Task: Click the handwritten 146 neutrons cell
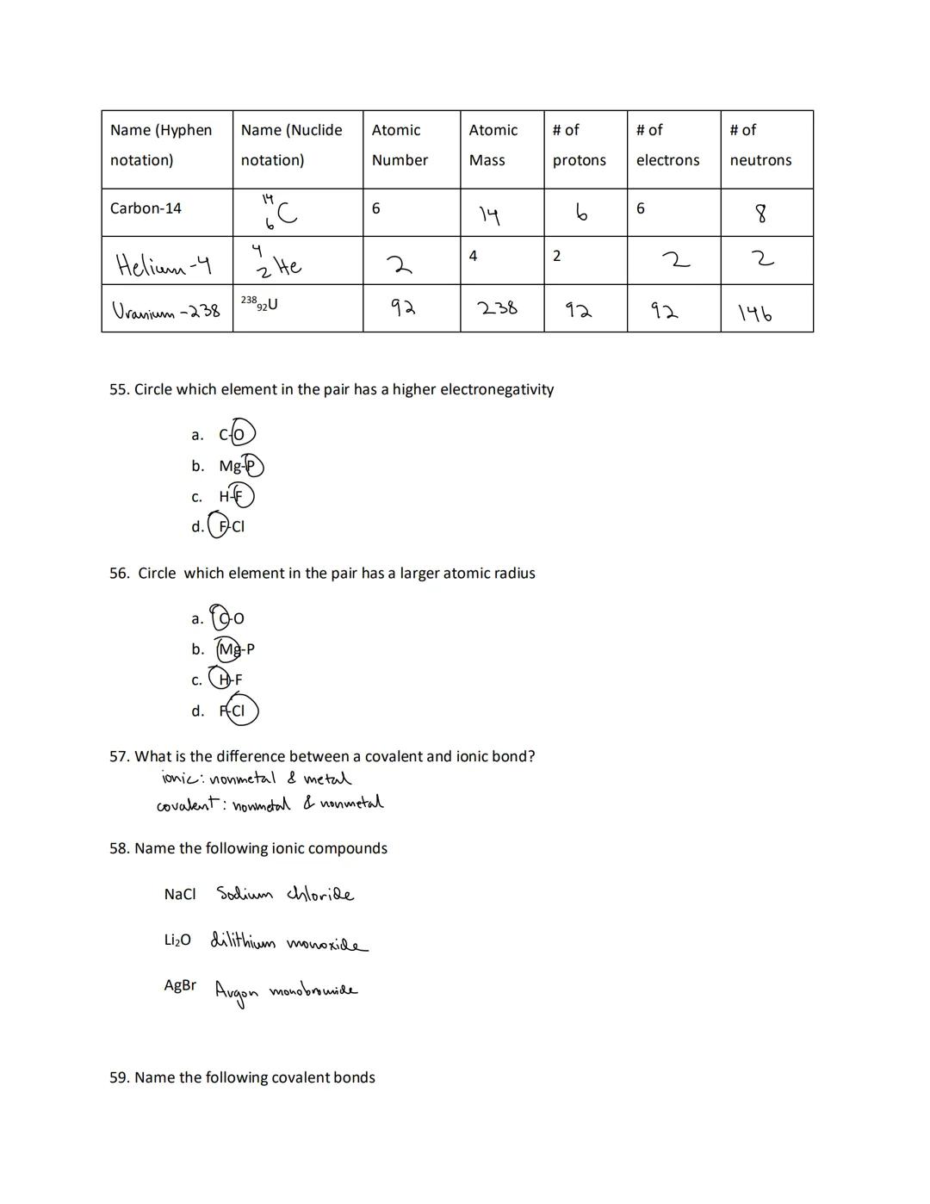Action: tap(755, 313)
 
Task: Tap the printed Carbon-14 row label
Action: tap(146, 208)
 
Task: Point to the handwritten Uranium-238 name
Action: tap(166, 310)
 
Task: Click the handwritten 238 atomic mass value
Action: tap(498, 307)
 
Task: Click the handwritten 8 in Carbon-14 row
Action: tap(760, 213)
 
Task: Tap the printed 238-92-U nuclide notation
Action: tap(259, 303)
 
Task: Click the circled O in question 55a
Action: tap(241, 434)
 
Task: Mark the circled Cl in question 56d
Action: tap(239, 711)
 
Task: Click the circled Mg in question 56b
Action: tap(229, 649)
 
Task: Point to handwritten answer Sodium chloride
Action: tap(284, 894)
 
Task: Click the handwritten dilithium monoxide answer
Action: tap(288, 942)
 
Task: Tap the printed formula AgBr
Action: tap(180, 984)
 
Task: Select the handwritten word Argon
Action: tap(235, 992)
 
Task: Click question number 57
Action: tap(119, 756)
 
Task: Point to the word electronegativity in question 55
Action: tap(497, 389)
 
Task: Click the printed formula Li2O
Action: tap(177, 940)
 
